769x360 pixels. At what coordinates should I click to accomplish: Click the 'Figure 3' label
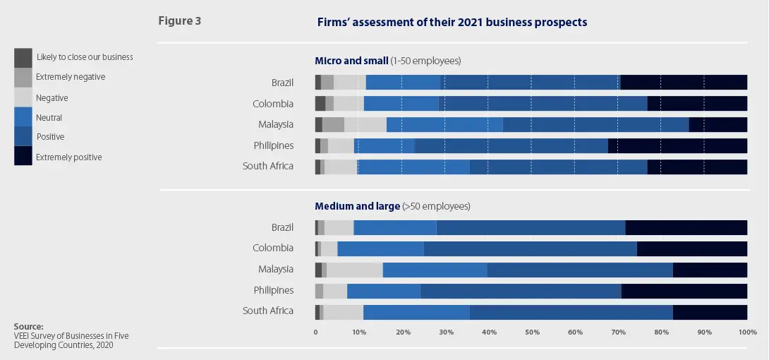click(x=179, y=21)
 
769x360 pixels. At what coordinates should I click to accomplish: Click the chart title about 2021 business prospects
click(x=452, y=23)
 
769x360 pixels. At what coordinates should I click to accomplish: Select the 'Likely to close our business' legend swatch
click(x=23, y=57)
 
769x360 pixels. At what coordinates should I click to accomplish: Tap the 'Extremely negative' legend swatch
click(x=23, y=77)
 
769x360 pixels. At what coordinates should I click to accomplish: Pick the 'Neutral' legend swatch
click(x=23, y=116)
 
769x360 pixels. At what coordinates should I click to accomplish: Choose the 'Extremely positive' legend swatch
click(x=23, y=156)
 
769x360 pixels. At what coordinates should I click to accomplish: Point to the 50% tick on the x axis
click(x=532, y=332)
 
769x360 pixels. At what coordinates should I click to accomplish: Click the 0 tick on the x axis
click(x=316, y=332)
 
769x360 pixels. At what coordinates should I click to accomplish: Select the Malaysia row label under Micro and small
click(x=274, y=125)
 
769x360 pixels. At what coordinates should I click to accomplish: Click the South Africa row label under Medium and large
click(x=268, y=311)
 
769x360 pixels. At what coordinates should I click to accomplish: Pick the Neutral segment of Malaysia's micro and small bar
click(x=444, y=125)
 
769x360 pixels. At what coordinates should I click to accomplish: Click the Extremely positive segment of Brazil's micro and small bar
click(x=684, y=83)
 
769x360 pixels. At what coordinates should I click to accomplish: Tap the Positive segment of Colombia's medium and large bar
click(x=530, y=248)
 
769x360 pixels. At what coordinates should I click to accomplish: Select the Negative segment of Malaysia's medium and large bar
click(x=354, y=270)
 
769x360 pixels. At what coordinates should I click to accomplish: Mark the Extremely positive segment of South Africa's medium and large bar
click(x=710, y=311)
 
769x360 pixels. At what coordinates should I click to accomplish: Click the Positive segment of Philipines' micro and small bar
click(x=511, y=146)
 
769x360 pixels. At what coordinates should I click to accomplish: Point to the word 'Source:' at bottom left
click(x=29, y=326)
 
